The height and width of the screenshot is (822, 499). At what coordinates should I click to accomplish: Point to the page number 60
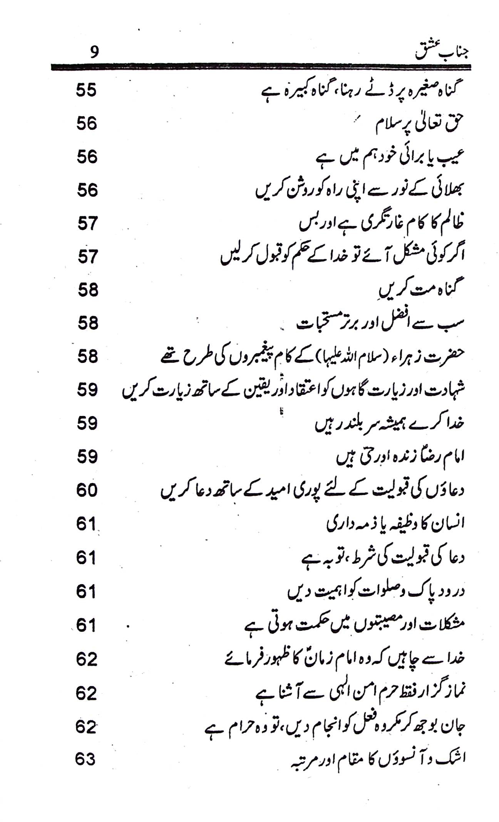click(87, 491)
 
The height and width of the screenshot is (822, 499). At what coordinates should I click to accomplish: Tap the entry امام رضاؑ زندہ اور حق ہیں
click(400, 457)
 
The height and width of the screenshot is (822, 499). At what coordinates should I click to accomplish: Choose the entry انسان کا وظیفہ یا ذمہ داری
click(395, 524)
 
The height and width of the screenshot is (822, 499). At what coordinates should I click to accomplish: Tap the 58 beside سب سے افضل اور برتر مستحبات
click(87, 324)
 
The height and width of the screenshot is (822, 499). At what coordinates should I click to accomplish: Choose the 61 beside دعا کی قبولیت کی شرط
click(86, 558)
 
